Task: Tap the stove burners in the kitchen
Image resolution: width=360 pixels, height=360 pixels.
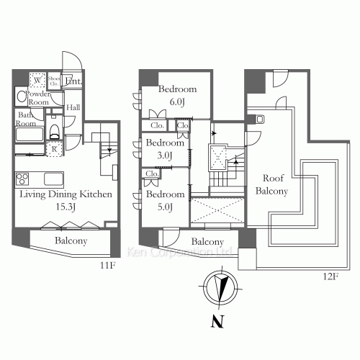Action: tap(22, 179)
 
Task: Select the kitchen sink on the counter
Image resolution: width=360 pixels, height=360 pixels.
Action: tap(54, 179)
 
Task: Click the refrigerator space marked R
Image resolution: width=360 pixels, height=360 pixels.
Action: tap(54, 150)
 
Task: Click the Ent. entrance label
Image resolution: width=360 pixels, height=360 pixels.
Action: tap(73, 82)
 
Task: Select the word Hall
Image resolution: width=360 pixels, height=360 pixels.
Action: tap(73, 108)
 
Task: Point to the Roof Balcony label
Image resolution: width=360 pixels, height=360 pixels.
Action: tap(274, 185)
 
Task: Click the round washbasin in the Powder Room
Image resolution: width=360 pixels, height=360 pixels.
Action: tap(19, 96)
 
